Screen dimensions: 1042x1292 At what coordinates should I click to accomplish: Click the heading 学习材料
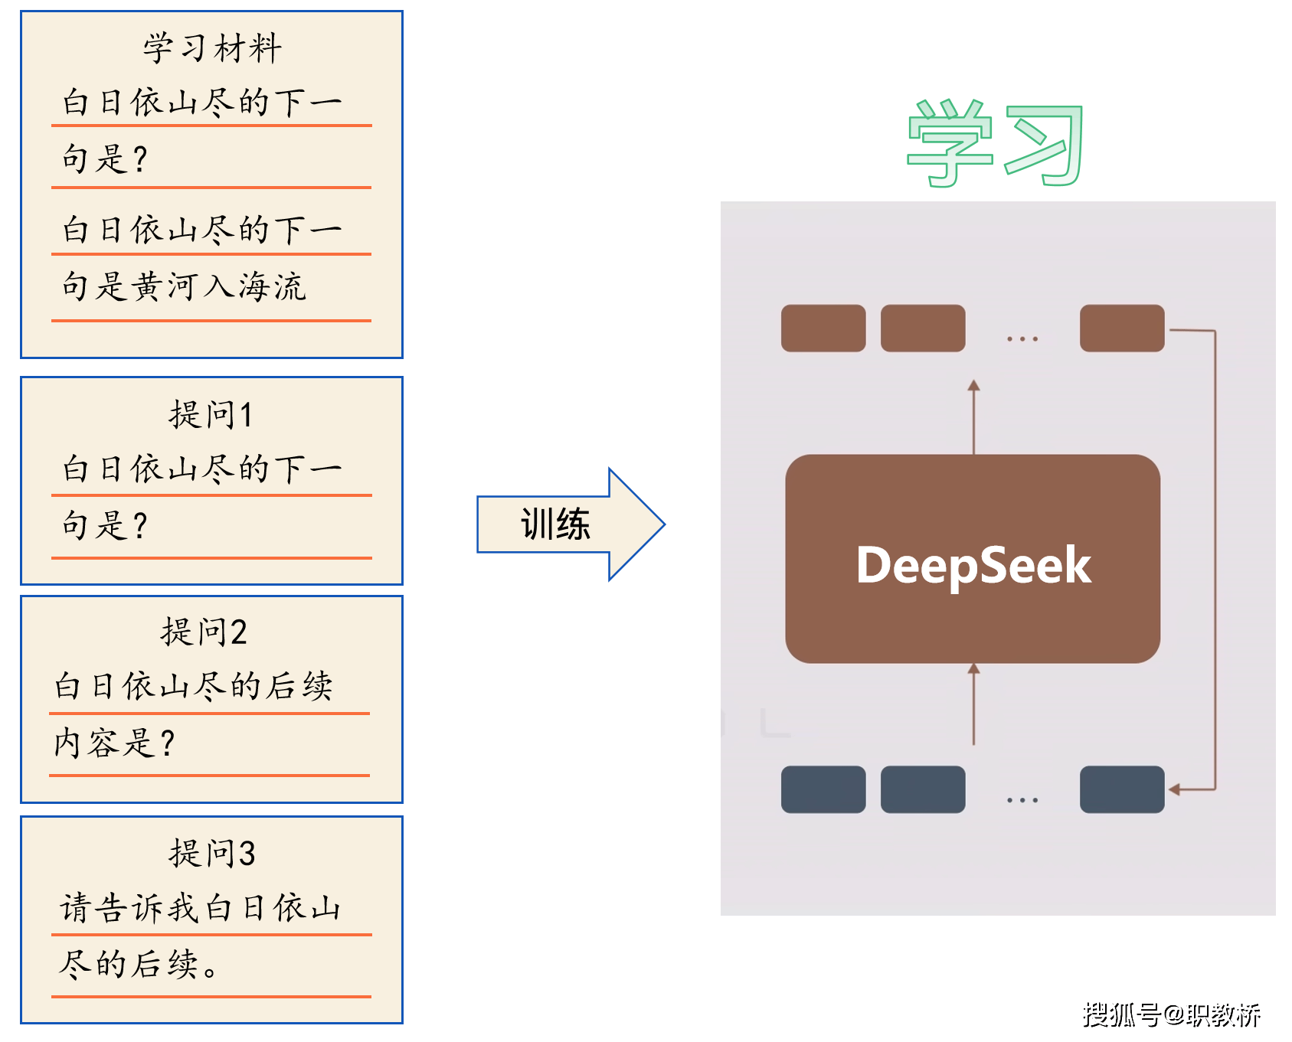point(212,49)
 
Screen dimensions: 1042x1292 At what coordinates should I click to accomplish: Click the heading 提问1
point(211,415)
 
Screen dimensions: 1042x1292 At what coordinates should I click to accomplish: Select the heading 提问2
point(204,632)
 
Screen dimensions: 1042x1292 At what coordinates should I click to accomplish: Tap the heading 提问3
point(212,853)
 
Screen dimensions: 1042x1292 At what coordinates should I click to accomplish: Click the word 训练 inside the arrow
point(555,524)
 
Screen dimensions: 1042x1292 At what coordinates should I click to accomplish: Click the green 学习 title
point(994,144)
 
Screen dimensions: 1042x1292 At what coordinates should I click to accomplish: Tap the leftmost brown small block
point(823,328)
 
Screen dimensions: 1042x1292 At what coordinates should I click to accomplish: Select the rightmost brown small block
point(1122,328)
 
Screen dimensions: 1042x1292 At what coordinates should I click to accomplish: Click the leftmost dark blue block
point(823,789)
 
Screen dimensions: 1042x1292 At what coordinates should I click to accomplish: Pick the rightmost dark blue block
point(1122,789)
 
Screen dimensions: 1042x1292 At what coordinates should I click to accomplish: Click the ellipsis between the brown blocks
point(1022,338)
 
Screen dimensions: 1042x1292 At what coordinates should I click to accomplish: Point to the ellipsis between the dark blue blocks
point(1022,800)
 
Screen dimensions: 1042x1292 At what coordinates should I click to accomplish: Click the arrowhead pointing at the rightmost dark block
point(1175,789)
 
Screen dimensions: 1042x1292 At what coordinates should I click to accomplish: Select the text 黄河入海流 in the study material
point(219,287)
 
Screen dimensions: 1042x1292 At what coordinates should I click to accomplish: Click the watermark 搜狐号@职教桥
point(1171,1014)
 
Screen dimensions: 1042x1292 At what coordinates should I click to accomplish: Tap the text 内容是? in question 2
point(114,743)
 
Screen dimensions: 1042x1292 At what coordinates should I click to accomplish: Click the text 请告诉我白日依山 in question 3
point(201,908)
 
